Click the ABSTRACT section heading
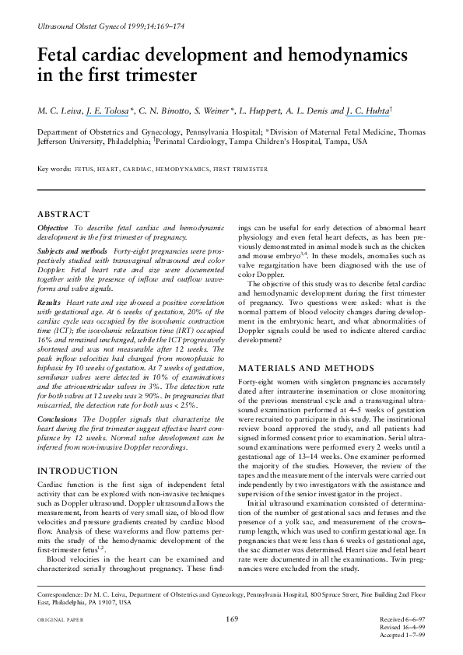coord(64,211)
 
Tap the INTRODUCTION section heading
coord(78,471)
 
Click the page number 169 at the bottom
coord(231,618)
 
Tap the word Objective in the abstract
coord(53,226)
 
